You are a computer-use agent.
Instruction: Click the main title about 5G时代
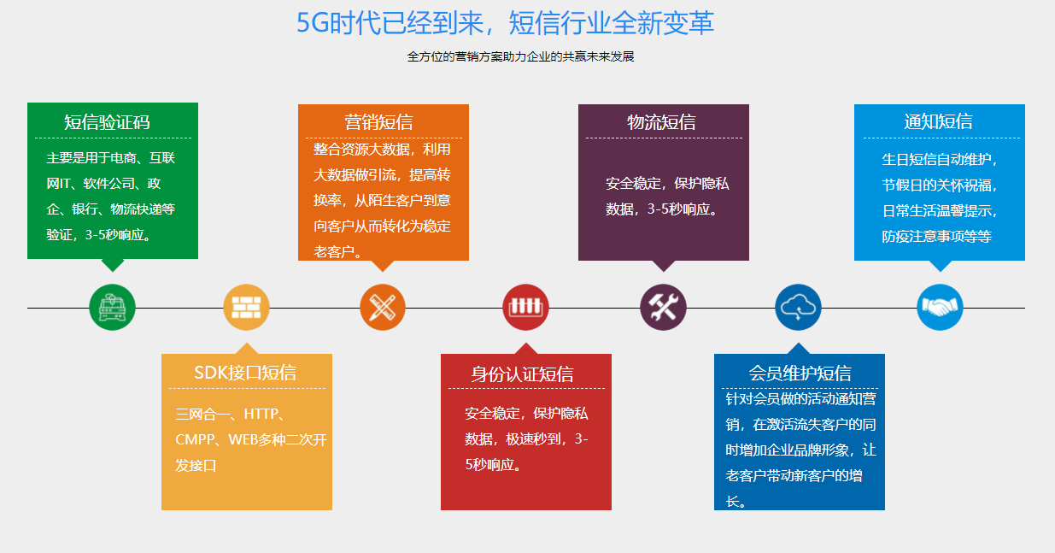[x=505, y=23]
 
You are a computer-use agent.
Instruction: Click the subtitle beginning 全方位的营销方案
[x=520, y=57]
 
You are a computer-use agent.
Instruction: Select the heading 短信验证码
[x=107, y=122]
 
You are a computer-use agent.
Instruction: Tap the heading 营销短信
[x=378, y=122]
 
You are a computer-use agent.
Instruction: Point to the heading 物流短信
[x=661, y=122]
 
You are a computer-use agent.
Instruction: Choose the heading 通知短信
[x=938, y=121]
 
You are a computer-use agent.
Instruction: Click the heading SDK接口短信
[x=245, y=373]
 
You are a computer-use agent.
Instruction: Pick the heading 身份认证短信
[x=522, y=374]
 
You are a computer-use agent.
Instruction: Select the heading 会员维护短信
[x=800, y=374]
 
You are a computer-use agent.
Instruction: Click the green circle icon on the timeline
[x=112, y=307]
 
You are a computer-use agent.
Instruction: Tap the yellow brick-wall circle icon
[x=246, y=307]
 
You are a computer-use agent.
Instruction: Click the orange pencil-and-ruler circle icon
[x=383, y=307]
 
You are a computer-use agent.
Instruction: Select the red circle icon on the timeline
[x=525, y=307]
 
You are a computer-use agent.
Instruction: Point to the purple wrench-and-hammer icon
[x=663, y=307]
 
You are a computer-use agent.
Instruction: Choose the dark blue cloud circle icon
[x=798, y=307]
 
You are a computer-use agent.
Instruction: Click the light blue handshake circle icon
[x=940, y=307]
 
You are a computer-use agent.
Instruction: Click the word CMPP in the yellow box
[x=193, y=440]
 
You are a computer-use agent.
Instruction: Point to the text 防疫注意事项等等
[x=936, y=237]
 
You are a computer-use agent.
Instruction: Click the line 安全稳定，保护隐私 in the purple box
[x=667, y=184]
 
